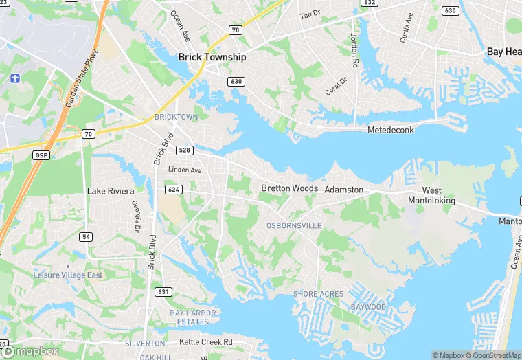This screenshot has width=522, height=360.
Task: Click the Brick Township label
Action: (x=212, y=58)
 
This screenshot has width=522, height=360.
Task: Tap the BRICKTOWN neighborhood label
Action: (x=176, y=117)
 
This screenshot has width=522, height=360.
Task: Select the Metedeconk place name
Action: (x=391, y=130)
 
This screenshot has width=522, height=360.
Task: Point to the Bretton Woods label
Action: (x=289, y=188)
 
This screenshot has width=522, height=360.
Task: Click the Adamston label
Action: (x=343, y=189)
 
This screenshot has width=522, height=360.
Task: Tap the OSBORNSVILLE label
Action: (x=293, y=225)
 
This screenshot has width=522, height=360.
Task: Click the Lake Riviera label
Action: (x=111, y=190)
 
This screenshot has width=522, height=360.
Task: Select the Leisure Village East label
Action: (x=68, y=275)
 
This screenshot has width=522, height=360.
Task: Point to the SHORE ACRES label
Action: (x=318, y=294)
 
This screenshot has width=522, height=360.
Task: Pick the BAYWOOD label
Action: (x=368, y=307)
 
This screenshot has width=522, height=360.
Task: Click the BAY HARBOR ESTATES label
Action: (x=193, y=317)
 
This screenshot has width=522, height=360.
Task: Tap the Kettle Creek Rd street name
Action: (x=206, y=342)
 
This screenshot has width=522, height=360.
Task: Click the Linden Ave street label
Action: (x=185, y=170)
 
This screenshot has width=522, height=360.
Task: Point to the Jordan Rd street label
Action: (x=355, y=50)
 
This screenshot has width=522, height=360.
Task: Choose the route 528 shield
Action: (x=184, y=150)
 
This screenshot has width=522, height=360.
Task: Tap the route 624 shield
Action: (x=172, y=189)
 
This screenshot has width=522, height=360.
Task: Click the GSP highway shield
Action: (x=41, y=156)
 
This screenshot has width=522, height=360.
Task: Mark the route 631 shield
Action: (x=163, y=292)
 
